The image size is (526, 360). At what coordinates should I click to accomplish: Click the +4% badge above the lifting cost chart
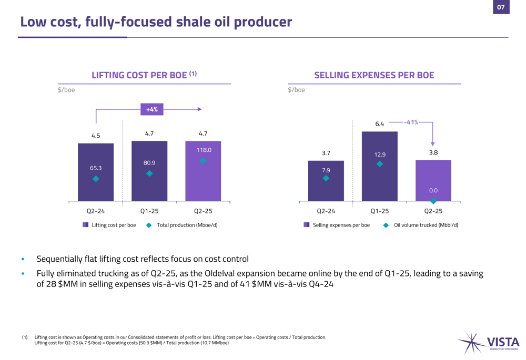tap(152, 109)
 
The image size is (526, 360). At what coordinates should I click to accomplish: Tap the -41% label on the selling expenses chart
tap(411, 122)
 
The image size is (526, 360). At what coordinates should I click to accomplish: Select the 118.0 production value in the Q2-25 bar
tap(203, 150)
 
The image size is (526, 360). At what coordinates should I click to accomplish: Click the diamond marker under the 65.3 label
tap(96, 179)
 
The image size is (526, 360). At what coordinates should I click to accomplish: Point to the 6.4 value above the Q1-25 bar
tap(380, 124)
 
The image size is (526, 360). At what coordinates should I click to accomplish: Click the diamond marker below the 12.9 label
tap(380, 164)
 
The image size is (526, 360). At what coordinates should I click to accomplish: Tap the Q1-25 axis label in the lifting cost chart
tap(149, 211)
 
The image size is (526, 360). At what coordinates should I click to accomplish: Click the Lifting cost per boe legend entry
tap(109, 225)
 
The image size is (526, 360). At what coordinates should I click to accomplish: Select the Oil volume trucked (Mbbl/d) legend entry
tap(420, 225)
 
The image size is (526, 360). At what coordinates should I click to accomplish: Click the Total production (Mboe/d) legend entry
tap(181, 225)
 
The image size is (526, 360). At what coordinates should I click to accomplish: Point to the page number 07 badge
tap(501, 7)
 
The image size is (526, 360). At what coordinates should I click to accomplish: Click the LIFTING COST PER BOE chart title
tap(144, 76)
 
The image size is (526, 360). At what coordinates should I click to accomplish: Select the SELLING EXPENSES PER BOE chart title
tap(374, 76)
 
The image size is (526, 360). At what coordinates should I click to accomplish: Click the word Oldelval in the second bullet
tap(240, 274)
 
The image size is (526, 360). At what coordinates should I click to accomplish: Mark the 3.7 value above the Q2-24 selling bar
tap(326, 153)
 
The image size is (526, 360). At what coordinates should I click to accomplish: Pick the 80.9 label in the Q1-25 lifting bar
tap(149, 163)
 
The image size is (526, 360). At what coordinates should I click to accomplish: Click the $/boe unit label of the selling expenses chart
tap(297, 90)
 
